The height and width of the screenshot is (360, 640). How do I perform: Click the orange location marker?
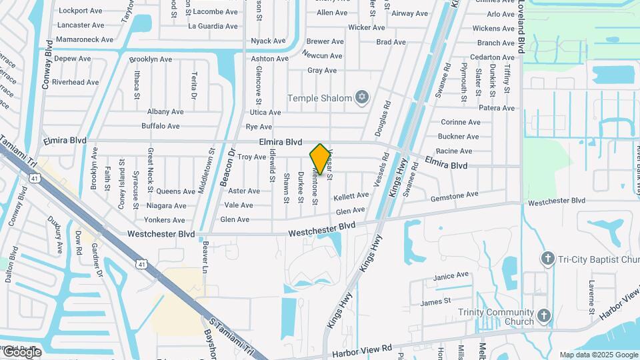(321, 159)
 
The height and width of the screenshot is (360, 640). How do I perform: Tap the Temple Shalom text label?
(319, 98)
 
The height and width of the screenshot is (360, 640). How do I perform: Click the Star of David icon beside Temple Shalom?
(362, 98)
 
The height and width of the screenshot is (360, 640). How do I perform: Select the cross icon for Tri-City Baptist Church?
(548, 258)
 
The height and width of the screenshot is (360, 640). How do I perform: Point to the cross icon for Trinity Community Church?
(545, 315)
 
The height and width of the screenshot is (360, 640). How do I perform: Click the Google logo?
(21, 351)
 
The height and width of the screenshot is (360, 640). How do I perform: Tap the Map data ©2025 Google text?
(599, 355)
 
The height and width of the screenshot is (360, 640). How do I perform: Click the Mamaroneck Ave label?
(85, 39)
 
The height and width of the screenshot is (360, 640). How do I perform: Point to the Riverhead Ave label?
(75, 83)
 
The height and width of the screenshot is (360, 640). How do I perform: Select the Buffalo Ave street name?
(161, 126)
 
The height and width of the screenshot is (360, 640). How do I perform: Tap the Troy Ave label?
(252, 157)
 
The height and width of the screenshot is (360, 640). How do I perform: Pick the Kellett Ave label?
(351, 196)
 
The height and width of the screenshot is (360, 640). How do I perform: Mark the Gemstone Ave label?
(455, 195)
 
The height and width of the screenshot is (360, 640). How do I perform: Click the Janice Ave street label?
(451, 275)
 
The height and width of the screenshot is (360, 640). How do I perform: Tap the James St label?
(436, 302)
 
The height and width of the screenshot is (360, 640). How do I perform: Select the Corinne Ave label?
(461, 122)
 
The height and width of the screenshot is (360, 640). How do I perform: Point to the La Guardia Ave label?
(213, 27)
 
